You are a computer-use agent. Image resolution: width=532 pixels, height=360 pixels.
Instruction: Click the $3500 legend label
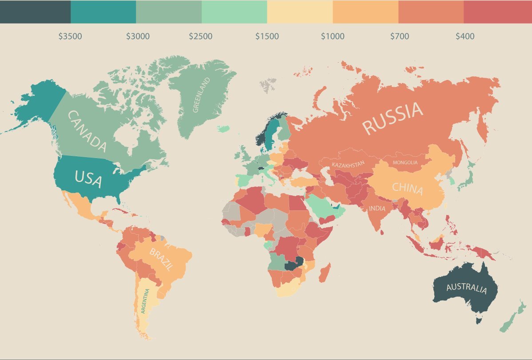pos(70,36)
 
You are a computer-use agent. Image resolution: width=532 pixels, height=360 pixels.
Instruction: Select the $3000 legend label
pos(138,36)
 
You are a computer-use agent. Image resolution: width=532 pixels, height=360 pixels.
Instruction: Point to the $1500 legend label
pos(267,36)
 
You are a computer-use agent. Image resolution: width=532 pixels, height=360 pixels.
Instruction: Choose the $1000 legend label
pos(333,36)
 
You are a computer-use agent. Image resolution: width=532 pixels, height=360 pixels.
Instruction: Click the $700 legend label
pos(399,36)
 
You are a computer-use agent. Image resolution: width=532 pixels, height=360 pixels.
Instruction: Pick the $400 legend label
pos(465,36)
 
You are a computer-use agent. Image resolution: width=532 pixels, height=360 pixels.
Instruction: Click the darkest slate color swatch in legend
pos(35,12)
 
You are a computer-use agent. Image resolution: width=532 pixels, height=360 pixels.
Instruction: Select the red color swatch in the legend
pos(498,12)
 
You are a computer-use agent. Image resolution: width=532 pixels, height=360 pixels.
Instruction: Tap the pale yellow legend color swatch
pos(300,12)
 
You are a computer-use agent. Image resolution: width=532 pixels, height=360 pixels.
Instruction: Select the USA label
pos(88,179)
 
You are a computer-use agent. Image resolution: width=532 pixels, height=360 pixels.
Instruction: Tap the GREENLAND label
pos(201,95)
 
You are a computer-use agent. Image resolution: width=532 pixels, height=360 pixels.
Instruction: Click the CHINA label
pos(407,189)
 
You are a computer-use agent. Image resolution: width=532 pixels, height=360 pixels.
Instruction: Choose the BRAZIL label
pos(161,260)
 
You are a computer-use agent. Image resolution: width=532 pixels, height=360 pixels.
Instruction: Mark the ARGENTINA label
pos(145,301)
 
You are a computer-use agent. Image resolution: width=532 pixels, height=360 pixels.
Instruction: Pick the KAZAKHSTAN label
pos(348,164)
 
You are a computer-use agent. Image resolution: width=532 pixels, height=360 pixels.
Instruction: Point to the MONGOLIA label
pos(405,162)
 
